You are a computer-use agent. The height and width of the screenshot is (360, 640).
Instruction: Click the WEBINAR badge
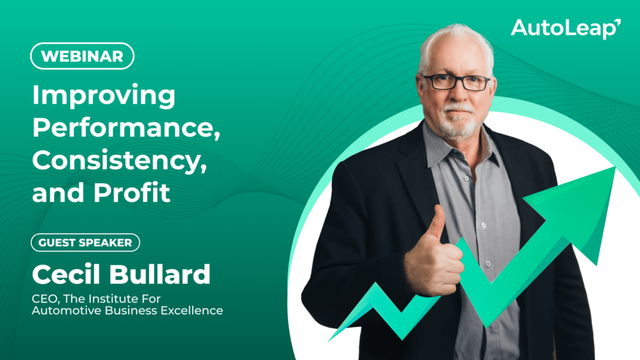pyautogui.click(x=82, y=56)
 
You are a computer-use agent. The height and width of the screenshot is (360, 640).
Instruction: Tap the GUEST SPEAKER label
pyautogui.click(x=85, y=242)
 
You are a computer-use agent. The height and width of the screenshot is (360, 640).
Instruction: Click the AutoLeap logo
pyautogui.click(x=566, y=29)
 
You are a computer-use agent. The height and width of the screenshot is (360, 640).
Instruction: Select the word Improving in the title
pyautogui.click(x=104, y=96)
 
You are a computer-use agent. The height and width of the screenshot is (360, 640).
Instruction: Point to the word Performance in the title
pyautogui.click(x=126, y=127)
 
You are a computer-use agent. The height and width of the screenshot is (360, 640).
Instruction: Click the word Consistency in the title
pyautogui.click(x=119, y=161)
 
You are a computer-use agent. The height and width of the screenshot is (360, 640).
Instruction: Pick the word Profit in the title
pyautogui.click(x=131, y=192)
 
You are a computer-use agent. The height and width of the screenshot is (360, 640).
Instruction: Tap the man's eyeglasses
pyautogui.click(x=457, y=82)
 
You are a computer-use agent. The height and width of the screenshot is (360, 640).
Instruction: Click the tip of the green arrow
pyautogui.click(x=615, y=167)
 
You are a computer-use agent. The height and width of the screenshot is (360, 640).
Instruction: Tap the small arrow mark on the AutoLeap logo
pyautogui.click(x=617, y=22)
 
